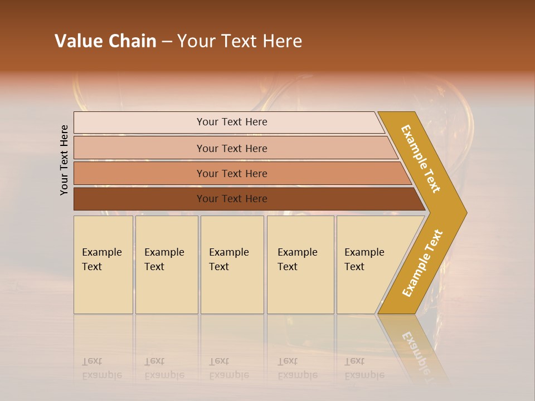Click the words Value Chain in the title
[105, 41]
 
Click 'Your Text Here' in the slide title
[240, 41]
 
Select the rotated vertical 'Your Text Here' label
[64, 160]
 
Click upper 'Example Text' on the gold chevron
[421, 159]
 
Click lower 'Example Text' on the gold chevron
[422, 263]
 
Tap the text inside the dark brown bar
[232, 199]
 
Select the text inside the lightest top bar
[232, 122]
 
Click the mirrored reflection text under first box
[101, 368]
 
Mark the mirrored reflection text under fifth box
[364, 368]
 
